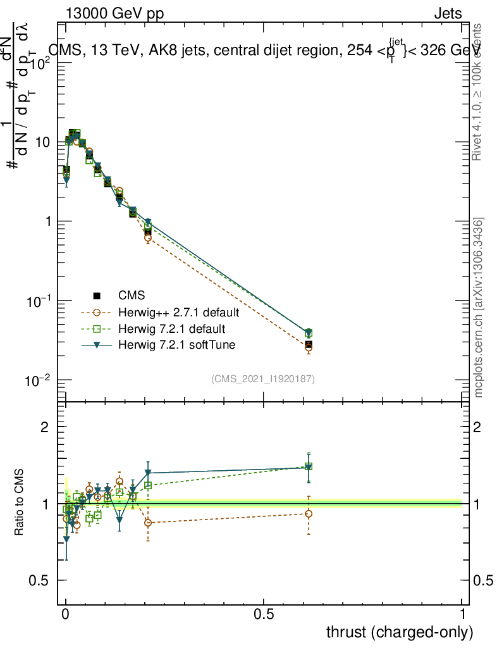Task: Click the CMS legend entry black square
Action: coord(97,296)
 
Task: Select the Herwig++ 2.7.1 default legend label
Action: coord(178,312)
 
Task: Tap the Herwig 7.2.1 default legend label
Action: coord(171,329)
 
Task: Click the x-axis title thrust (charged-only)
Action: coord(399,632)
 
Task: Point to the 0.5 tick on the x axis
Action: coord(264,614)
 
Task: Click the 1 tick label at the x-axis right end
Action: coord(462,614)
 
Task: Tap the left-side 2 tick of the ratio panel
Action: coord(45,427)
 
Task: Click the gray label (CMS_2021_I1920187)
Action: coord(263,379)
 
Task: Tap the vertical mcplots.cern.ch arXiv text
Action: coord(479,308)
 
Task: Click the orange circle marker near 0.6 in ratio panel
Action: coord(308,513)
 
